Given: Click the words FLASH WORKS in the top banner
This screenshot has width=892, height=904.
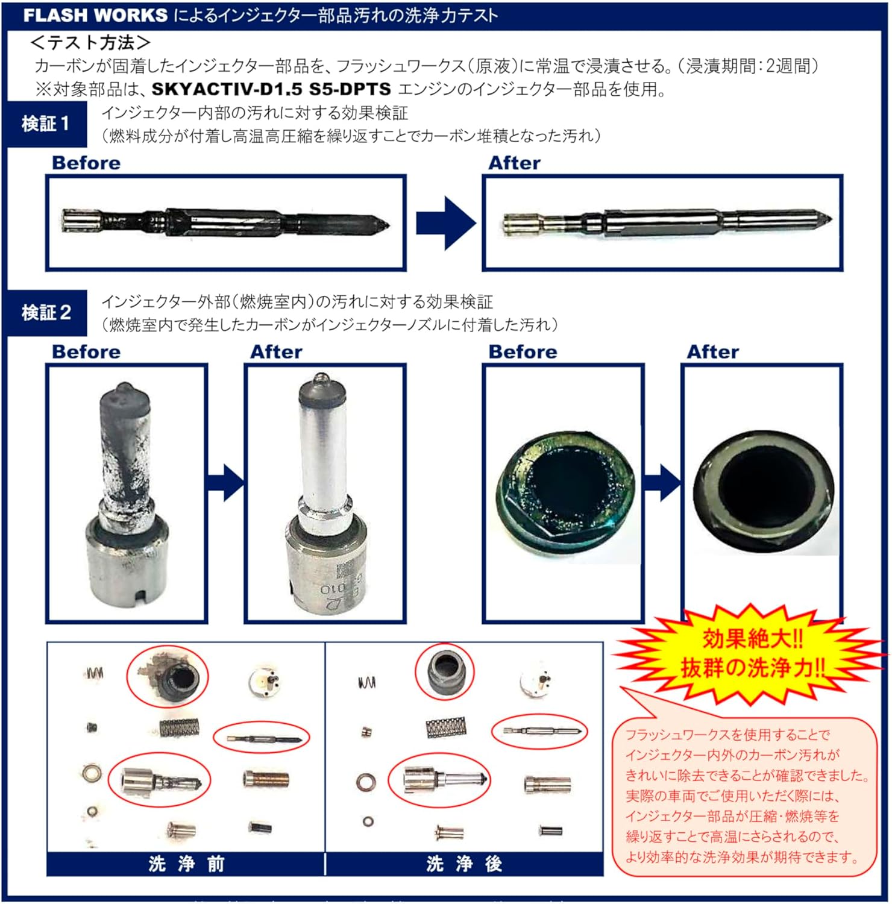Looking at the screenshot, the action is (x=95, y=15).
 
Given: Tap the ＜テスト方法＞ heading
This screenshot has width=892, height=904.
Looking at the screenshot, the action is (x=90, y=42).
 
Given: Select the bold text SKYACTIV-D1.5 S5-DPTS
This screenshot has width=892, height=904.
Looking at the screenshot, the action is (x=271, y=89).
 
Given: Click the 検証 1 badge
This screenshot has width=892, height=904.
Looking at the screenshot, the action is (x=46, y=124).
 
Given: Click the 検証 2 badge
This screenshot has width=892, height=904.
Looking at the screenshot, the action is (x=46, y=313).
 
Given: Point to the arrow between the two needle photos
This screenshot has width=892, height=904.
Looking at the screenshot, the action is (x=446, y=222).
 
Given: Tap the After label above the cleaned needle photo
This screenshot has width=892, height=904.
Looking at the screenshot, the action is (x=514, y=163).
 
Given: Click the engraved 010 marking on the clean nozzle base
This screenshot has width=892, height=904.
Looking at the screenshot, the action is (x=333, y=588).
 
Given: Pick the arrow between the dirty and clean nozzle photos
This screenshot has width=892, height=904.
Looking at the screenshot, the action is (x=226, y=482).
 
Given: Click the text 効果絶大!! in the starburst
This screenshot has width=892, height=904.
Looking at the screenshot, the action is (x=753, y=639).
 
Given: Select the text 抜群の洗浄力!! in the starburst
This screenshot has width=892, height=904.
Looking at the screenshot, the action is (x=753, y=668).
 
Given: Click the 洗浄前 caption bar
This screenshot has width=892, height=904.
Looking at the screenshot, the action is (x=186, y=864).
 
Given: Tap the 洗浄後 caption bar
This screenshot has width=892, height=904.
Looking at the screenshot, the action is (x=464, y=864).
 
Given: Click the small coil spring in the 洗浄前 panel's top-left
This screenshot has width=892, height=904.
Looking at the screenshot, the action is (x=95, y=672).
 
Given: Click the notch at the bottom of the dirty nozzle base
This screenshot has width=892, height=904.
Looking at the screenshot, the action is (x=142, y=597).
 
